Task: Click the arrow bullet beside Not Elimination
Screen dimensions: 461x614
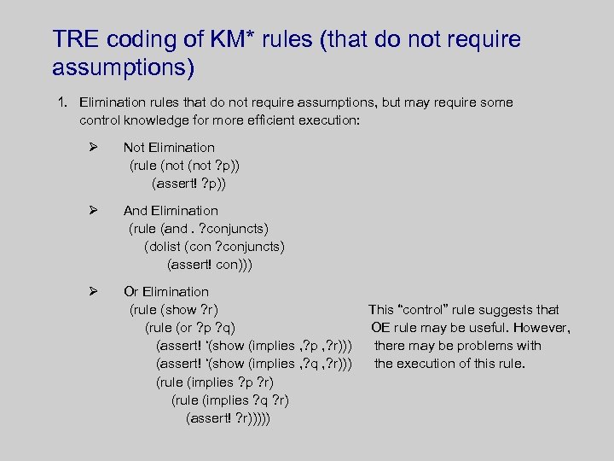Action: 94,147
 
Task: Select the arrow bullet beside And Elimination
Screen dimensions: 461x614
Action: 94,210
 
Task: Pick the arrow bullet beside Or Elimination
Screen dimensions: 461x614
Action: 94,291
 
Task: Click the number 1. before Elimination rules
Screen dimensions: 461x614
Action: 62,102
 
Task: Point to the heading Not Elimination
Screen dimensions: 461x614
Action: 169,148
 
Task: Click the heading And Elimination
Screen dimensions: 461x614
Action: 171,211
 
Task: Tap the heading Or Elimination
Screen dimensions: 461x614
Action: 166,292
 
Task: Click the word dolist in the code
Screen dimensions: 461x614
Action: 164,247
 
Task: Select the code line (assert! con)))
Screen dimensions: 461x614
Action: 210,265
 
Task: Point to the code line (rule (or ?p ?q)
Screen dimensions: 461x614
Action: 191,328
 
